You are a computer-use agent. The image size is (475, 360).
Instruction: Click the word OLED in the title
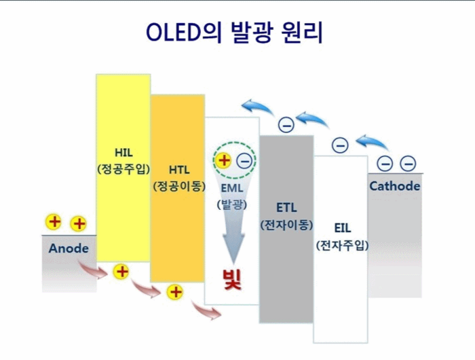coord(173,33)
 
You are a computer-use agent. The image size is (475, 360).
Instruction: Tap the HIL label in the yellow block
coord(123,152)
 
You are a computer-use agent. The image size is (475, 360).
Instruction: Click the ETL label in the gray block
coord(286,206)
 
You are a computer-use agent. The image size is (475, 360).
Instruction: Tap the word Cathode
coord(394,186)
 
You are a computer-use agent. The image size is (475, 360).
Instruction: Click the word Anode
coord(69,249)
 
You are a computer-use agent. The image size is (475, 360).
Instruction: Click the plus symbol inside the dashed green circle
coord(223,160)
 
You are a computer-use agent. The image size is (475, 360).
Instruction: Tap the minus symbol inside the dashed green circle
coord(244,161)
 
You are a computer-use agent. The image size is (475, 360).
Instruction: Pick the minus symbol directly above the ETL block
coord(286,124)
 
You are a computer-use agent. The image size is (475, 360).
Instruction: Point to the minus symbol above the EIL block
coord(340,145)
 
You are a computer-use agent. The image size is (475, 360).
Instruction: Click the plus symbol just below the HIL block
coord(121,272)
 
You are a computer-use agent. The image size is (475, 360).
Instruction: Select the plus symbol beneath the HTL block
coord(176,292)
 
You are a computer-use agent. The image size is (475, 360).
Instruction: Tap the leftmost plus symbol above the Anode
coord(53,221)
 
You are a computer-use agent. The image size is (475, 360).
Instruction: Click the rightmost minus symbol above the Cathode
coord(408,163)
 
